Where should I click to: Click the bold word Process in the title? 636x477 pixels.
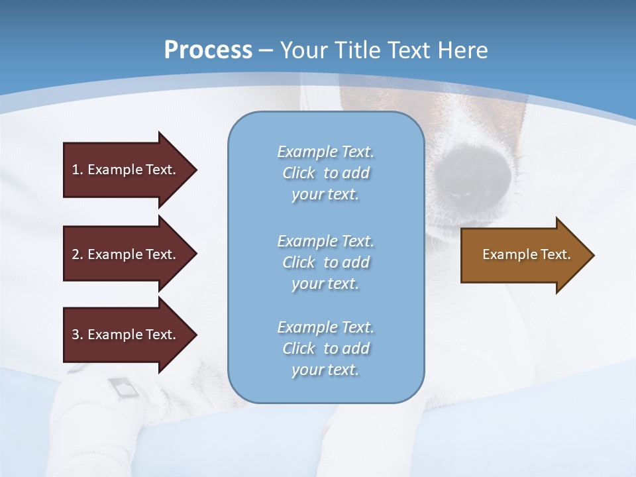[208, 50]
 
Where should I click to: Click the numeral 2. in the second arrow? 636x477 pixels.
[77, 254]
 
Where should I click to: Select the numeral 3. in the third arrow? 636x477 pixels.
[77, 335]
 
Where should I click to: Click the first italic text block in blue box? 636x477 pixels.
[325, 173]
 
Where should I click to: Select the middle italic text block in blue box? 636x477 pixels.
[325, 262]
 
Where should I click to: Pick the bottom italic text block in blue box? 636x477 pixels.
[325, 348]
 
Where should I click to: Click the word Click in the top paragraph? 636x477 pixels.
[299, 173]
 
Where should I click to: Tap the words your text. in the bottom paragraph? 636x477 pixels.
[325, 370]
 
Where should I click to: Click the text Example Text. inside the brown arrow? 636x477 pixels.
[526, 254]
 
